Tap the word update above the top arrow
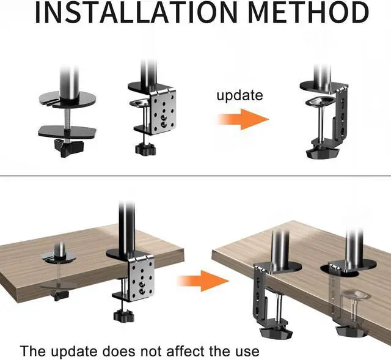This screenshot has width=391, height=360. [x=239, y=95]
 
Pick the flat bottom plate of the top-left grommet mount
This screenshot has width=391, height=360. [x=65, y=130]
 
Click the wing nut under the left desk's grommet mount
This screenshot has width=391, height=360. [x=59, y=296]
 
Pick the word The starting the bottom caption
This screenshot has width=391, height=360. [x=32, y=351]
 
